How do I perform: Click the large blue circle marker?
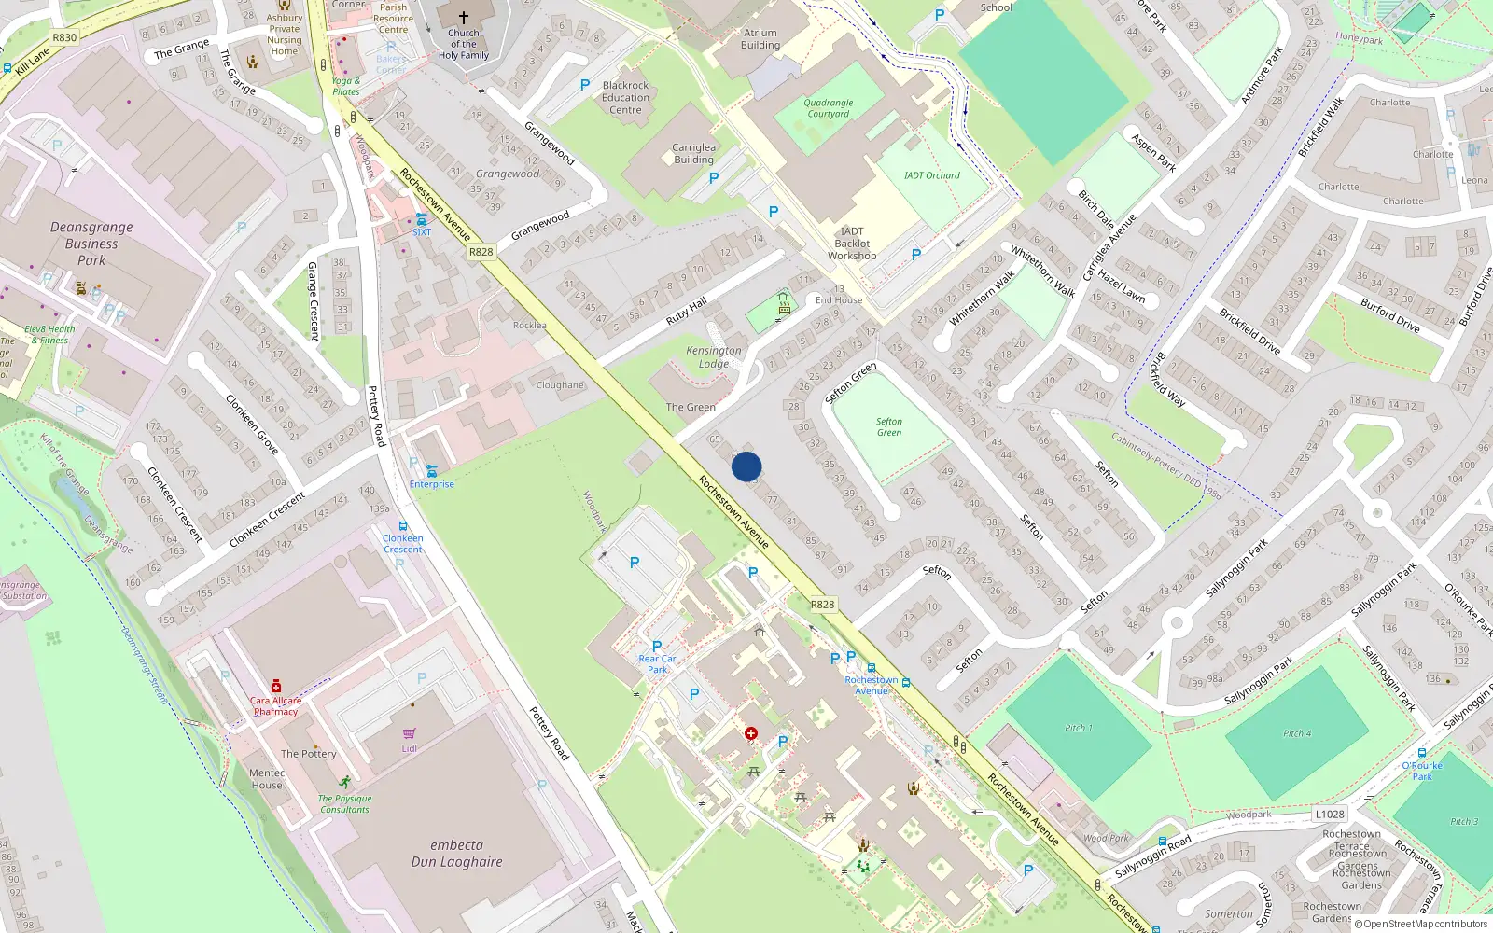746,466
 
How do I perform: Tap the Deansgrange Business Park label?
91,244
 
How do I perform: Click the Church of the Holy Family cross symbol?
464,17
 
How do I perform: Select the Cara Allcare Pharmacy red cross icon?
276,687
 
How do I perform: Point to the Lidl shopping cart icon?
410,734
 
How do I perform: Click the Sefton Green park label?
889,427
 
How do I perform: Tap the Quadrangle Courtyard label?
829,108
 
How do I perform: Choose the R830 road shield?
64,37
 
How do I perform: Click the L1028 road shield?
1330,815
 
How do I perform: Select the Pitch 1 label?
1079,728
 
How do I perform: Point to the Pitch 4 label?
1297,733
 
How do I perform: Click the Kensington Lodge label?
714,357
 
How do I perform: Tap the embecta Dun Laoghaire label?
457,854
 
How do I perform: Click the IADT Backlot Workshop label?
852,244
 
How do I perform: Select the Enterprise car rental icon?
431,471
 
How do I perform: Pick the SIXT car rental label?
422,232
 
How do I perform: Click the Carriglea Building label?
694,154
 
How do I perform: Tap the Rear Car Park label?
657,664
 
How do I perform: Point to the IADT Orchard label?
931,175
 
